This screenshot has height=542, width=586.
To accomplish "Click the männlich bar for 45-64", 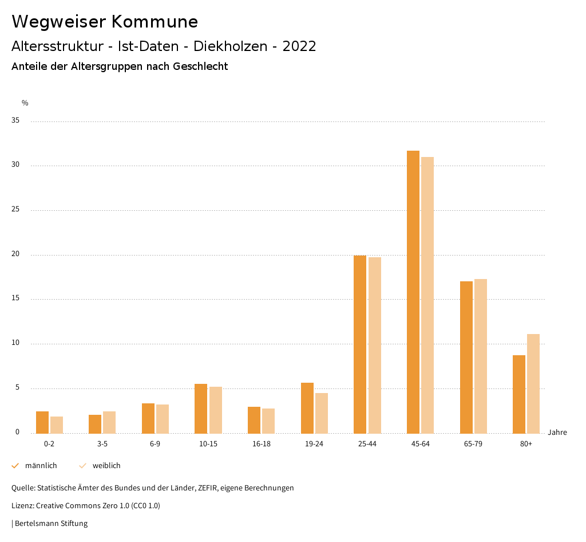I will [x=413, y=292].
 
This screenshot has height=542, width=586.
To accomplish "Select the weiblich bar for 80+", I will [x=533, y=384].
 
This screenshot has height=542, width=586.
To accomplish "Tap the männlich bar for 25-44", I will [x=360, y=344].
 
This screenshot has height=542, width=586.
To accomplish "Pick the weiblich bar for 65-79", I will [x=480, y=356].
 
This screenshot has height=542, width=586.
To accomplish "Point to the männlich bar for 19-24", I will [x=307, y=408].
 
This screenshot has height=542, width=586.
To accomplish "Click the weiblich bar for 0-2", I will [x=56, y=425].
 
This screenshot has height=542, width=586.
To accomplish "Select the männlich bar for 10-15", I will [x=201, y=409].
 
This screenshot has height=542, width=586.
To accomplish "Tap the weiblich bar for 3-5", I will [x=109, y=422].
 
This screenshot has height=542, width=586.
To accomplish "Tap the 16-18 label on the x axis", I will [x=261, y=444].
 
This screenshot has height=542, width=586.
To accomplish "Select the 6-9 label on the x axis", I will [x=155, y=444].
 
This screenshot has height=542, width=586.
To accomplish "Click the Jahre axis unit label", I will [x=557, y=433].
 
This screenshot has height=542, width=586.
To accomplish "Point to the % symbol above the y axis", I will [x=25, y=103].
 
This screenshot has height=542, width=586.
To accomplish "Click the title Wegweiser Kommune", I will [x=105, y=22].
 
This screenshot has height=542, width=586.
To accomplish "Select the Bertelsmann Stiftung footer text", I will [x=51, y=524].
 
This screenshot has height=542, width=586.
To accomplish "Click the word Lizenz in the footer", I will [x=22, y=506].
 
